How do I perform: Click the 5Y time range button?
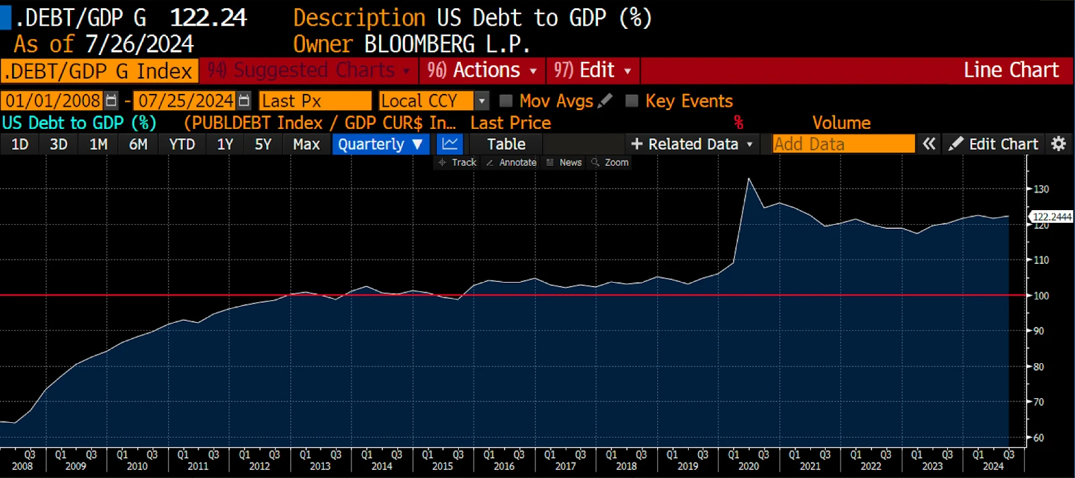(263, 144)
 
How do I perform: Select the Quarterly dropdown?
(380, 144)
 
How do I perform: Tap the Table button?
(506, 144)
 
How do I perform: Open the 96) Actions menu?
(482, 70)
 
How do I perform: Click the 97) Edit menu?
(592, 70)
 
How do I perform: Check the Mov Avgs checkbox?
(506, 101)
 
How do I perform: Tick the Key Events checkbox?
(632, 101)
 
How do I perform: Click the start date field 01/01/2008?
(53, 101)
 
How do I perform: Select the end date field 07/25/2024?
(185, 101)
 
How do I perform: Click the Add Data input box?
(843, 144)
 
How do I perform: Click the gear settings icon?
(1058, 144)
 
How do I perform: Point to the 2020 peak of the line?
(748, 179)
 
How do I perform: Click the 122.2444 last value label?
(1051, 217)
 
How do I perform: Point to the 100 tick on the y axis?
(1041, 295)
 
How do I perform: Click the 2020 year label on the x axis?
(748, 466)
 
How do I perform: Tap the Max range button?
(306, 144)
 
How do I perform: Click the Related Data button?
(692, 144)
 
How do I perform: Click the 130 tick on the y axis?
(1041, 189)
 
